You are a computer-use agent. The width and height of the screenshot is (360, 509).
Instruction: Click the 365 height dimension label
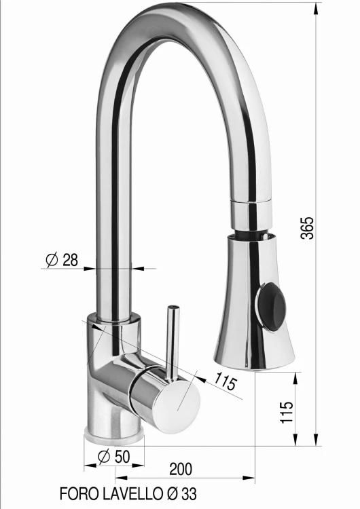point(308,228)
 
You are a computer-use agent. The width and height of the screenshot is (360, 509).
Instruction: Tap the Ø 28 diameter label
point(62,260)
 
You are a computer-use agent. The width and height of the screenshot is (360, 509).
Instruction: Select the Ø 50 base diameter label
point(113,457)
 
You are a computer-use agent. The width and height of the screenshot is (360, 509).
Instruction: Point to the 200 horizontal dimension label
point(181,469)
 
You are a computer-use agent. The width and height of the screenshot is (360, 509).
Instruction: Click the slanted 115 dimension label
point(225,381)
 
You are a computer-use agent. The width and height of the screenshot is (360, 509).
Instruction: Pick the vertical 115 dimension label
point(287,412)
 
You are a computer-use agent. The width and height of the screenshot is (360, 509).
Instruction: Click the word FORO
point(79,494)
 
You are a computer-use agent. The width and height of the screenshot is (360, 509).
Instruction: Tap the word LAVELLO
point(132,494)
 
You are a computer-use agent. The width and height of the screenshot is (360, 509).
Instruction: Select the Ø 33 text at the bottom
point(181,494)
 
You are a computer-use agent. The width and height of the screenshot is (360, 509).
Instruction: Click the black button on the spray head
point(272,307)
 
